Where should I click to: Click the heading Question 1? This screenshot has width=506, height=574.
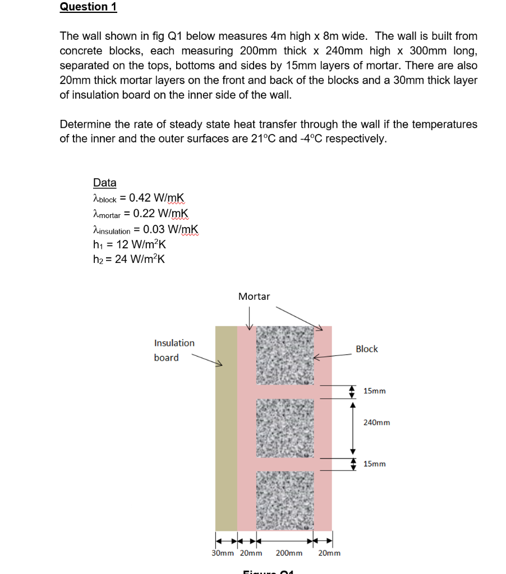point(88,7)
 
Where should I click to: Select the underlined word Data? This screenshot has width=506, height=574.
point(104,182)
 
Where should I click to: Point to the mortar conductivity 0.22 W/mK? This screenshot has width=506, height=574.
point(162,214)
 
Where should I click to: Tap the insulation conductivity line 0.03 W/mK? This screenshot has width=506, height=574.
point(171,229)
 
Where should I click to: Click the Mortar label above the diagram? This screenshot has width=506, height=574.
point(254,296)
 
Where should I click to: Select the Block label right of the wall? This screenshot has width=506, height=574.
point(366,349)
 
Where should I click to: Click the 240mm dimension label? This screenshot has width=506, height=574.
point(376,422)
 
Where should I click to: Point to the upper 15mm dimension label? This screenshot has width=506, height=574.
point(374,391)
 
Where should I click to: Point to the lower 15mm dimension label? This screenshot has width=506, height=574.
point(374,464)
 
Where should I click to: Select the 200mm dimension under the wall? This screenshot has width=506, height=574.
point(289,553)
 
